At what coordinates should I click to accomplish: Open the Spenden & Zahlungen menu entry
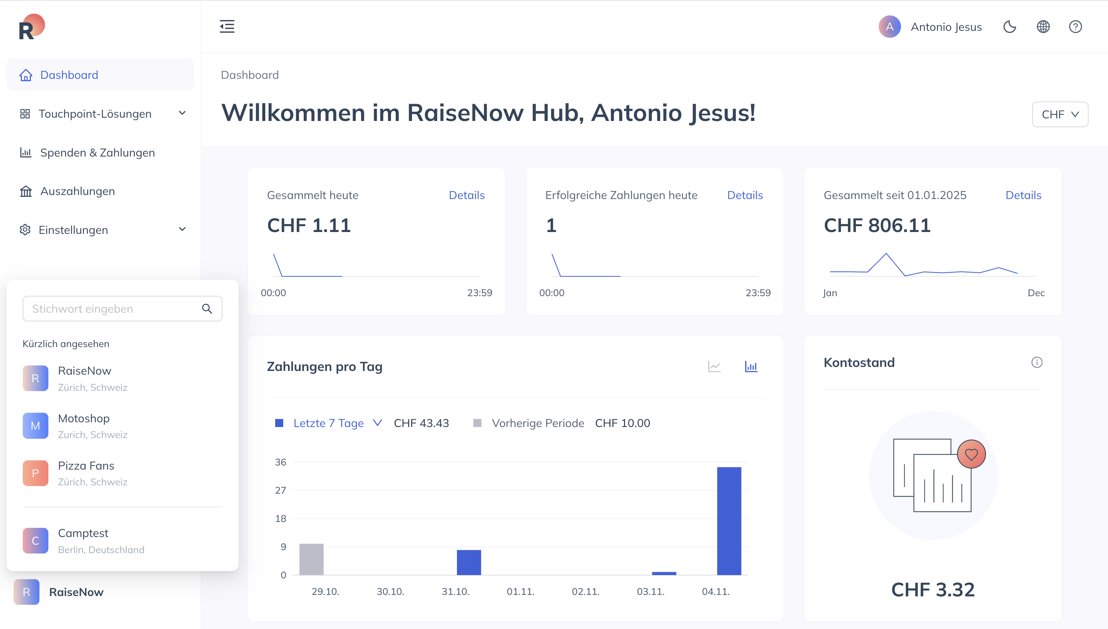tap(97, 152)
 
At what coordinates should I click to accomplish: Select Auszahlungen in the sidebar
tap(77, 191)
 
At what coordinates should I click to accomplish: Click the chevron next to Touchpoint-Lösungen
tap(182, 113)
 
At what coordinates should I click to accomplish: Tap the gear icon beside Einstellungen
tap(25, 229)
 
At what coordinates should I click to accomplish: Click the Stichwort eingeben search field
tap(122, 309)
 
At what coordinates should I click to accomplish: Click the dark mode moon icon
tap(1009, 27)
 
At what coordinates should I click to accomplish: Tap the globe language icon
tap(1043, 27)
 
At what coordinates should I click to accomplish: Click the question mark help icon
tap(1075, 27)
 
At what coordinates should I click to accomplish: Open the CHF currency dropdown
tap(1060, 114)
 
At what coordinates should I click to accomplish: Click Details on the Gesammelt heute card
tap(467, 195)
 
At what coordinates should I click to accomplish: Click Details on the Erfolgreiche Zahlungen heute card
tap(745, 195)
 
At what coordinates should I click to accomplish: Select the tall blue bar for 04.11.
tap(729, 521)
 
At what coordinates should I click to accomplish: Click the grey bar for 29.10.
tap(311, 559)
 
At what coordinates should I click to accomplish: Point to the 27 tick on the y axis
tap(281, 490)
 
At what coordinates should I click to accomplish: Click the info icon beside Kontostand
tap(1037, 363)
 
